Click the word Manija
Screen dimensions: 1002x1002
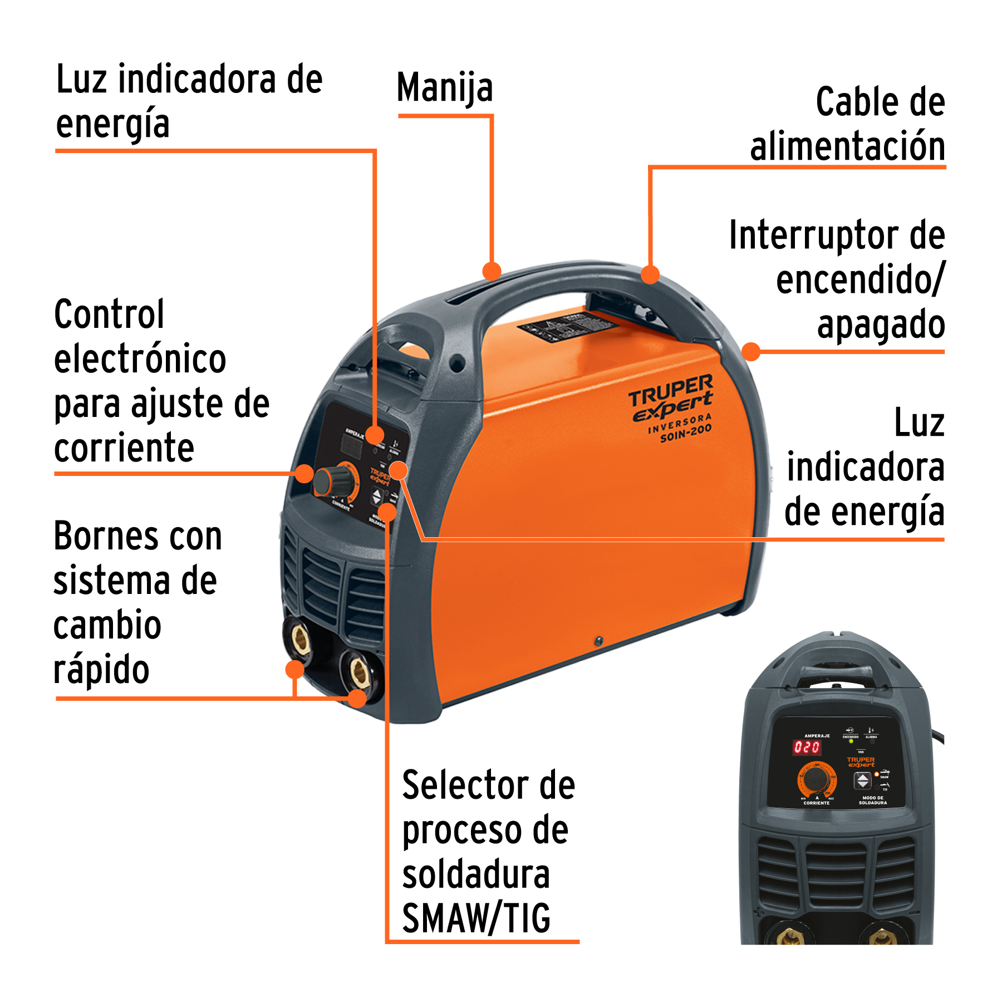[445, 88]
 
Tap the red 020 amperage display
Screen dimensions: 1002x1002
[807, 747]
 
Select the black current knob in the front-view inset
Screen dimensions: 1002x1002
[816, 779]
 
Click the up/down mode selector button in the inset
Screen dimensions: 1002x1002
[862, 780]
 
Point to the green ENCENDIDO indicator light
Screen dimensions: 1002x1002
[851, 741]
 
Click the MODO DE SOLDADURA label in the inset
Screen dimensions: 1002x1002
[872, 800]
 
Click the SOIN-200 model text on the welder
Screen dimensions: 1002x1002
[686, 433]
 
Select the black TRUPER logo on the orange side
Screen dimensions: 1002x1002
[671, 390]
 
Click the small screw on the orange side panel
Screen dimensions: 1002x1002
[599, 641]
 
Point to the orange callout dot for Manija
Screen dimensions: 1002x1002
[492, 271]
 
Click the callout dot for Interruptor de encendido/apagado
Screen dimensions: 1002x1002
[751, 351]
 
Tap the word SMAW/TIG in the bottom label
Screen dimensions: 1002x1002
[477, 918]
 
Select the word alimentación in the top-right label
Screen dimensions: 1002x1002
[847, 146]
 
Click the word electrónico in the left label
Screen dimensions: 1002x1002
[140, 359]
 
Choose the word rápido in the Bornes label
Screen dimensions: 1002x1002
[101, 670]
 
